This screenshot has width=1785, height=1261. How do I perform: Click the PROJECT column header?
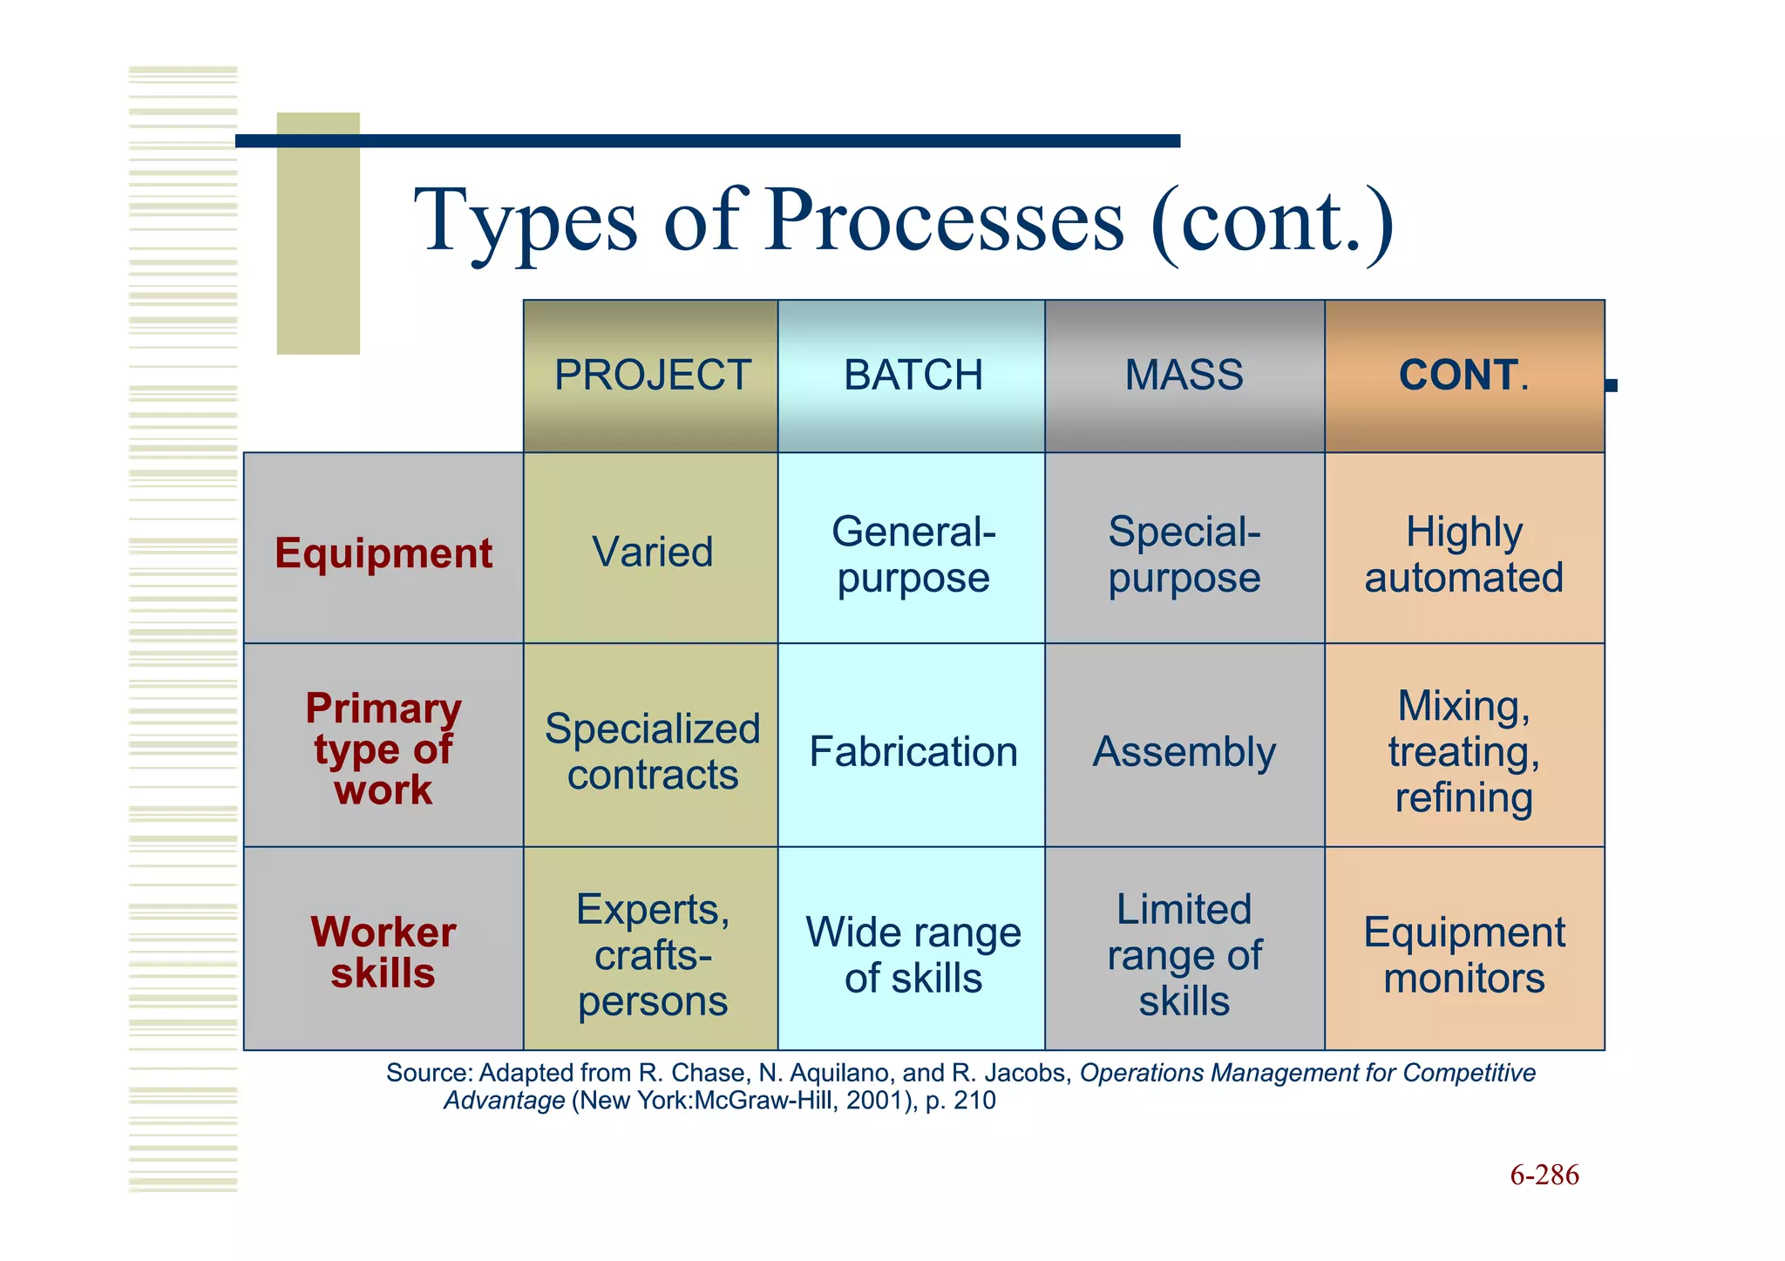pos(652,376)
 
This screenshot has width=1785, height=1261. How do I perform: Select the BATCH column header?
pos(913,376)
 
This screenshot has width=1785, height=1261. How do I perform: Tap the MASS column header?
pos(1184,376)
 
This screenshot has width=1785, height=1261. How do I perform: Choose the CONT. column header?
pos(1463,376)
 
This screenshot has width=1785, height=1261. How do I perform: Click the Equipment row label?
pos(383,553)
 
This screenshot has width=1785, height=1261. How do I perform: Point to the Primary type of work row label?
pos(383,749)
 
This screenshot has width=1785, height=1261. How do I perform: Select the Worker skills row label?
pos(383,952)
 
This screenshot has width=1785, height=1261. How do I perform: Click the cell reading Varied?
pos(652,553)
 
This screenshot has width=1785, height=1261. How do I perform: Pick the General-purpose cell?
pos(913,554)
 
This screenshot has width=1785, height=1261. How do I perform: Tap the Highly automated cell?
pos(1463,554)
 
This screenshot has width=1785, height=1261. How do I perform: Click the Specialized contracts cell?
pos(652,751)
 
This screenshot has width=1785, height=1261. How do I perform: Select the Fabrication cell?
pos(913,751)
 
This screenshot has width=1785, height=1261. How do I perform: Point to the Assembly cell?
pos(1184,751)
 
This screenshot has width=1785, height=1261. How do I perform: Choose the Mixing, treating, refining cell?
pos(1463,751)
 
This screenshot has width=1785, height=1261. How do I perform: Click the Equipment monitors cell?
pos(1463,954)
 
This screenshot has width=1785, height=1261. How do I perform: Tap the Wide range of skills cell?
pos(913,954)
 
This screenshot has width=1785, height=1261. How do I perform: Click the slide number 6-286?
pos(1544,1175)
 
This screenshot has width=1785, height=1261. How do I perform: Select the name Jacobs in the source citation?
pos(1026,1073)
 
